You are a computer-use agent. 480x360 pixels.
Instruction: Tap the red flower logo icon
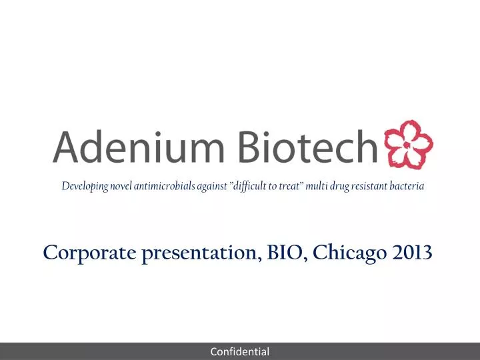[x=406, y=145]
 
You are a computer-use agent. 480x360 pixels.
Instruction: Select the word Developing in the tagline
[x=85, y=187]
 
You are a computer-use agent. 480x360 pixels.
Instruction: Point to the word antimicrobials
[x=164, y=187]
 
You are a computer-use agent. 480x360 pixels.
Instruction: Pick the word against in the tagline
[x=212, y=187]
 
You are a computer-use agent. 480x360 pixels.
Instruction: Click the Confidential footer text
[x=240, y=351]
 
